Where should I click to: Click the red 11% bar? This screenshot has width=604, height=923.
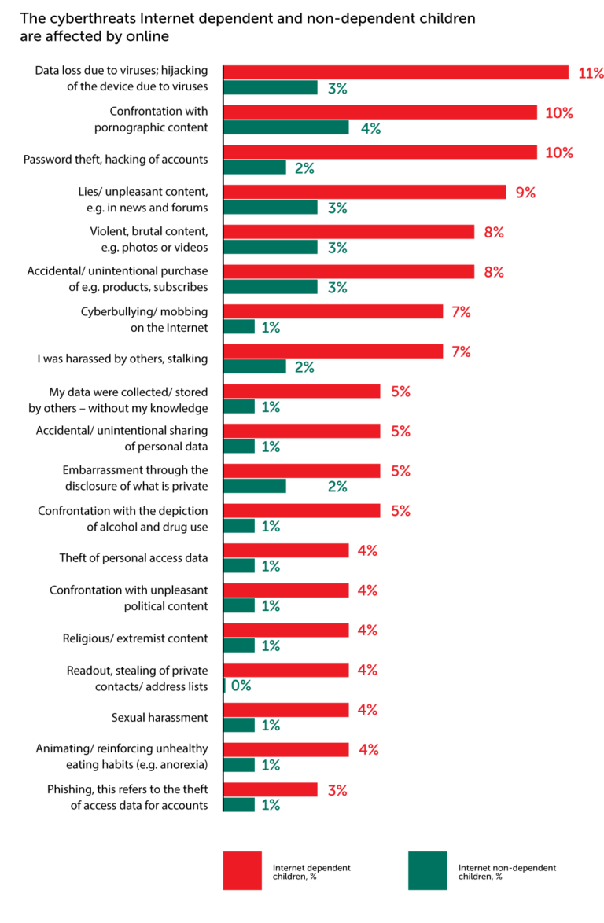[396, 72]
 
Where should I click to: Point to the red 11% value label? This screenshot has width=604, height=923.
[591, 73]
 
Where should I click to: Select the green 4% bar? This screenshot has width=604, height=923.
[286, 127]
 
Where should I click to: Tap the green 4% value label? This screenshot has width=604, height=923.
[370, 128]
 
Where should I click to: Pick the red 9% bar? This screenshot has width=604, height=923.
[365, 192]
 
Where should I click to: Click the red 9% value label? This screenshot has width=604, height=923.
[525, 193]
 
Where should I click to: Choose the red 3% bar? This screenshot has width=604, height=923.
[271, 789]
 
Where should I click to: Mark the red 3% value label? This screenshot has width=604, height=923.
[337, 790]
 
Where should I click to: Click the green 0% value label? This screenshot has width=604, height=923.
[241, 686]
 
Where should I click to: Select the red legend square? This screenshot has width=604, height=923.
[242, 870]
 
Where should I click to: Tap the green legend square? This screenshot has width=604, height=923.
[428, 870]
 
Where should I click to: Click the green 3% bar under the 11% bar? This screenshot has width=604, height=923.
[271, 88]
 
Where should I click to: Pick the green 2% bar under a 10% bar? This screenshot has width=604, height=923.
[256, 167]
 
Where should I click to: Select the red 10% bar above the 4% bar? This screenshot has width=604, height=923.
[381, 112]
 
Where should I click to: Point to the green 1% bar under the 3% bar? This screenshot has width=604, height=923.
[240, 804]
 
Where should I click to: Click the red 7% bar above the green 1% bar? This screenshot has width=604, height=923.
[334, 311]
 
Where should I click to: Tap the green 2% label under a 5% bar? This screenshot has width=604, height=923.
[337, 487]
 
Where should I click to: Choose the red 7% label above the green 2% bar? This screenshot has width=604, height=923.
[461, 351]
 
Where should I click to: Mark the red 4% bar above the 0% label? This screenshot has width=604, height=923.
[286, 670]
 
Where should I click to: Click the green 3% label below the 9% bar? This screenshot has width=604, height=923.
[337, 208]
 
